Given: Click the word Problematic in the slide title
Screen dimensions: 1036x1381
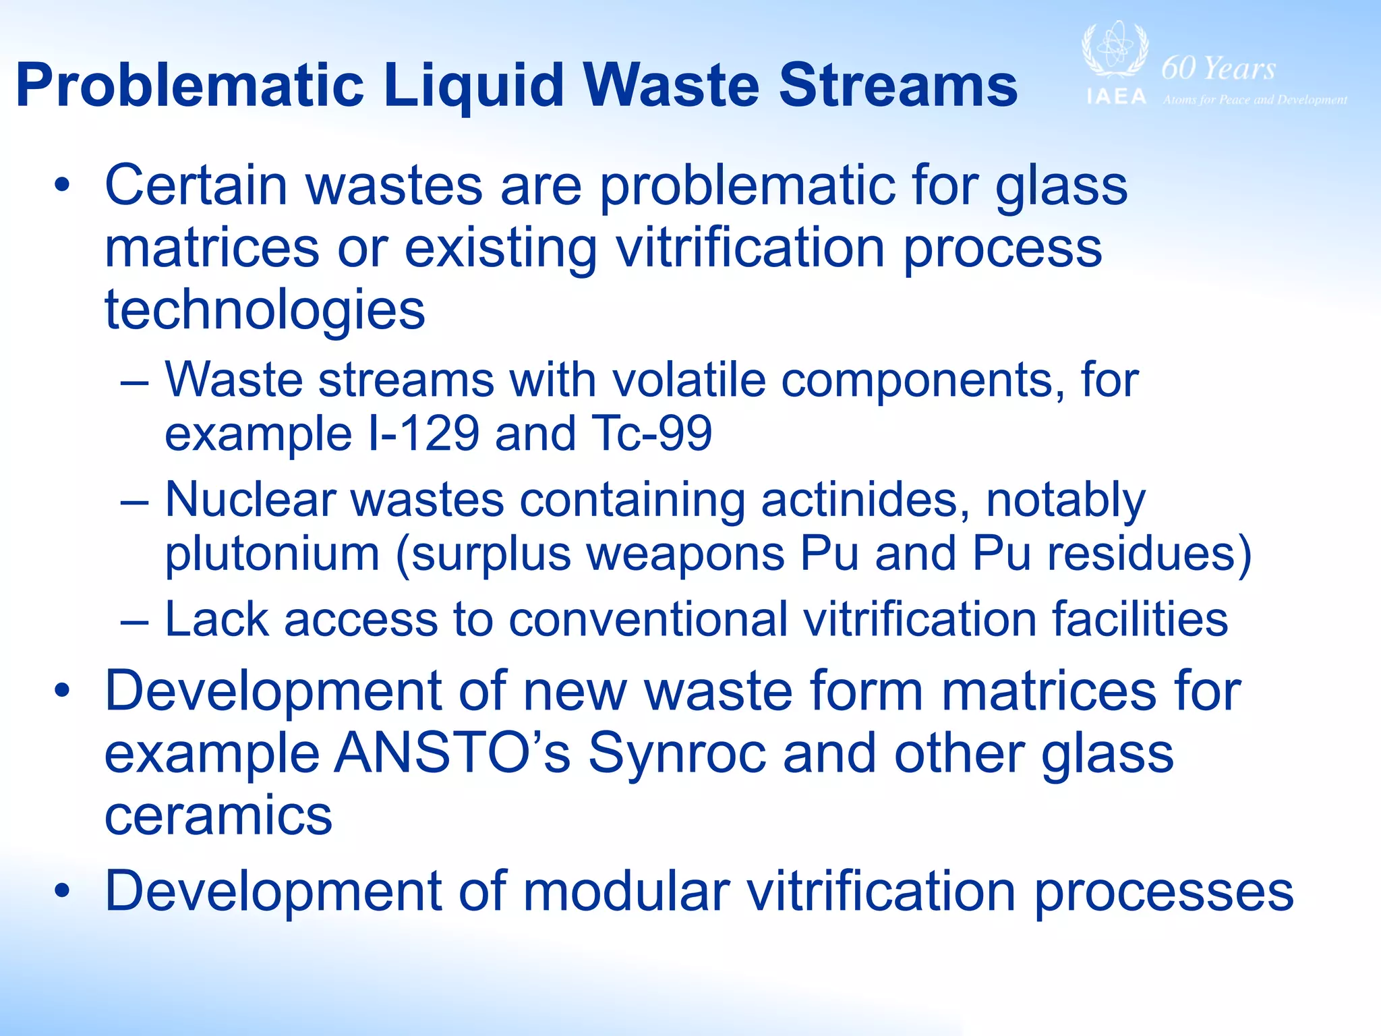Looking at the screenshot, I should click(189, 86).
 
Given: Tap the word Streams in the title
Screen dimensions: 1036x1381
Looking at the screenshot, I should click(898, 86).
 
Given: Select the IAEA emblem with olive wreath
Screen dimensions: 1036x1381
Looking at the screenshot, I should click(1115, 51).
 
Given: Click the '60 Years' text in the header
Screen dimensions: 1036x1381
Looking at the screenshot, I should click(1218, 68).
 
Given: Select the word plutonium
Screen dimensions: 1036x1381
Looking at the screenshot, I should click(272, 554).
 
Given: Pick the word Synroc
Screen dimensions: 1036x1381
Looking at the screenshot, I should click(677, 753).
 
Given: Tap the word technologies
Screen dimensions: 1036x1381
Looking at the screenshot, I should click(265, 310).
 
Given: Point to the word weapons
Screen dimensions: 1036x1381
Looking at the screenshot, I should click(684, 554).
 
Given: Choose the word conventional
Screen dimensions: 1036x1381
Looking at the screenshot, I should click(647, 619).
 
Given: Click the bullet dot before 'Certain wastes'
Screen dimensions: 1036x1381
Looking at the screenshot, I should click(63, 185).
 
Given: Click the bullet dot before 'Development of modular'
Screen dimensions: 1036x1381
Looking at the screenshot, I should click(63, 892).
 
